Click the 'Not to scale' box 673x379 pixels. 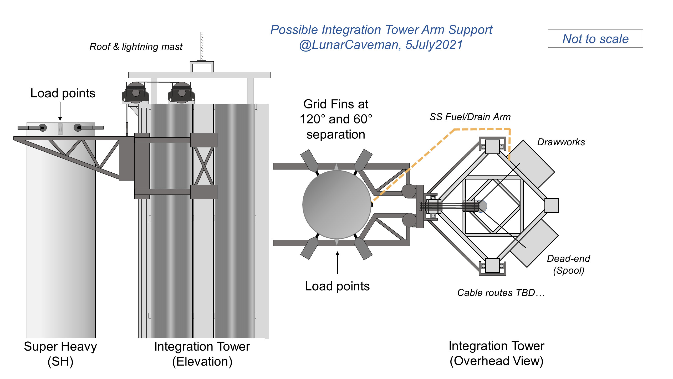[595, 39]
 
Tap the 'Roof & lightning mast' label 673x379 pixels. [136, 47]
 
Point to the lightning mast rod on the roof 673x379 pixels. [202, 46]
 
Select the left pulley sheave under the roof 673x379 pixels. [135, 93]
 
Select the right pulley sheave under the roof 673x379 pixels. [182, 93]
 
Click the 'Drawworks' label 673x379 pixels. [561, 142]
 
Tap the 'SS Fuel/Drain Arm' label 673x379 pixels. [470, 117]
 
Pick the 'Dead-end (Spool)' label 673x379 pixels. [568, 264]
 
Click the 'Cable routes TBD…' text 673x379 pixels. [501, 293]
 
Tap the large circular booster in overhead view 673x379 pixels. [337, 205]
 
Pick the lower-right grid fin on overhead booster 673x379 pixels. [364, 248]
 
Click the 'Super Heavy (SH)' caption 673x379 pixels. [60, 354]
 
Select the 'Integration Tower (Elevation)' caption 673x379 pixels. [202, 354]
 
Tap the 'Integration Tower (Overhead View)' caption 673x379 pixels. [496, 353]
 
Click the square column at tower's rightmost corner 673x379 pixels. [552, 205]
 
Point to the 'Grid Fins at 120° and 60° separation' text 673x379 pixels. [336, 119]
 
